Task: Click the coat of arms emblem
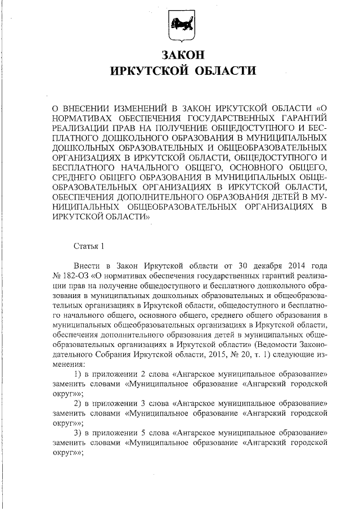(x=181, y=26)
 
